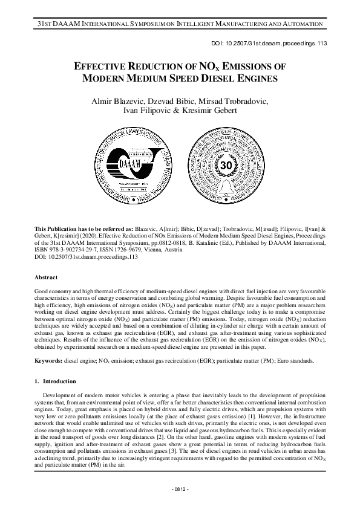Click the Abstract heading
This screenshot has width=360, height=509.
pos(47,277)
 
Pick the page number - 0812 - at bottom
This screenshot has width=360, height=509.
pos(180,488)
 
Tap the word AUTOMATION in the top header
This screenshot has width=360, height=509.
pos(301,23)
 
